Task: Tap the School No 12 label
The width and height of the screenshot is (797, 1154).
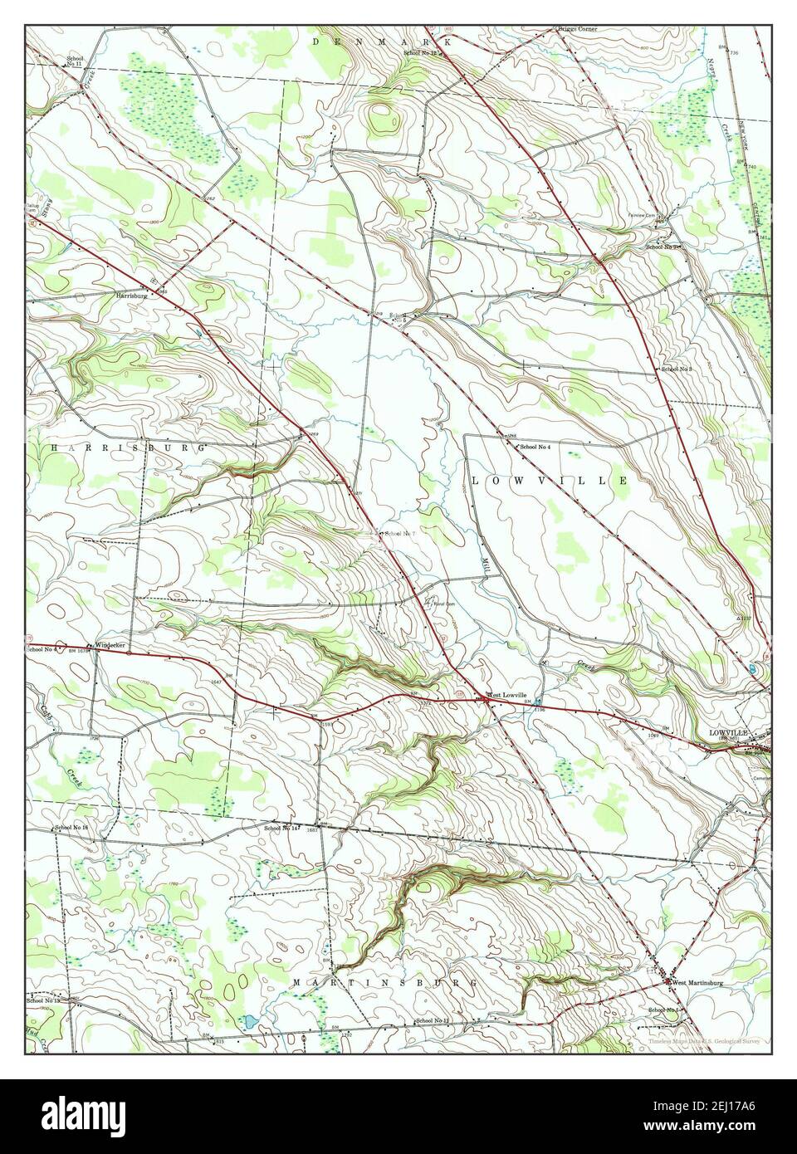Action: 420,53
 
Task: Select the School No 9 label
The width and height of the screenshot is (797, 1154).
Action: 664,247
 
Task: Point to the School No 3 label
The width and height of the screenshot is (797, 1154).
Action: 677,368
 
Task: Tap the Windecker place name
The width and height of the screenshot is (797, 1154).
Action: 110,645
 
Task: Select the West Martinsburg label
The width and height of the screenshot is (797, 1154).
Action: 697,983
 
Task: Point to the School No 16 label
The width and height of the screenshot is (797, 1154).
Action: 71,828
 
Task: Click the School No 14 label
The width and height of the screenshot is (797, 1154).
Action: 281,828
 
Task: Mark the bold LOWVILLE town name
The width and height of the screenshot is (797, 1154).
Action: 728,733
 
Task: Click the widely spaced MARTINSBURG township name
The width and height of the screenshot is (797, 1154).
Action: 387,982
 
